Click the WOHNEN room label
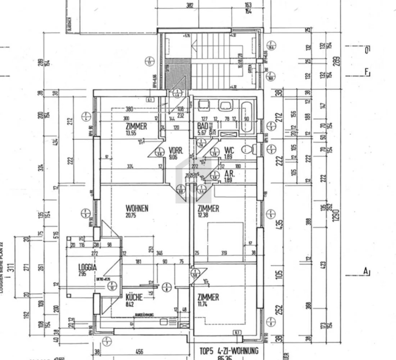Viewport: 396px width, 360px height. tap(137, 208)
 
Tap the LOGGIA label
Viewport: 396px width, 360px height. tap(87, 267)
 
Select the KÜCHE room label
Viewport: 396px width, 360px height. tap(134, 298)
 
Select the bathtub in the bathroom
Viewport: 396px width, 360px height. tap(247, 116)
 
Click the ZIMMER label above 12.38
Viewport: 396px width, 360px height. tap(208, 208)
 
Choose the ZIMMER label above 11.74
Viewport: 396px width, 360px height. tap(208, 297)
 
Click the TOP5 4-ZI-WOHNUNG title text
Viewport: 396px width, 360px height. tap(229, 351)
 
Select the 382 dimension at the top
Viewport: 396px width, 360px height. tap(190, 5)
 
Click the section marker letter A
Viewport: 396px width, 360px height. tap(366, 271)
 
